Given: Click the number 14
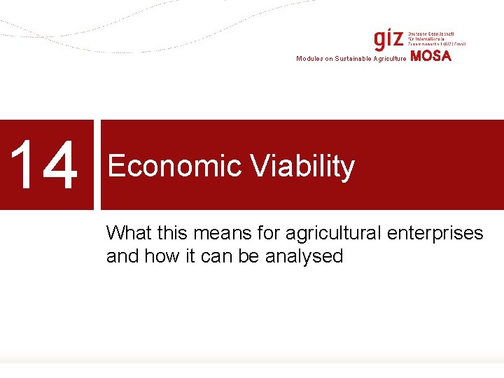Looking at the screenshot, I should tap(46, 166).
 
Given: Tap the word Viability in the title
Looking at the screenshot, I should tap(302, 167).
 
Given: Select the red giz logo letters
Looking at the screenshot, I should tap(388, 38).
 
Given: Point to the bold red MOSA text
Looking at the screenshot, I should tap(431, 57).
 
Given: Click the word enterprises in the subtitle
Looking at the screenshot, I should tap(440, 233).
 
